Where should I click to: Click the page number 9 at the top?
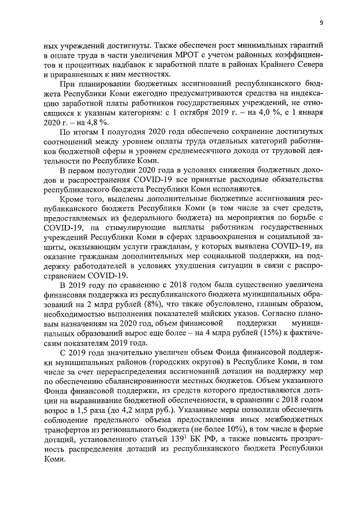pos(321,22)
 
